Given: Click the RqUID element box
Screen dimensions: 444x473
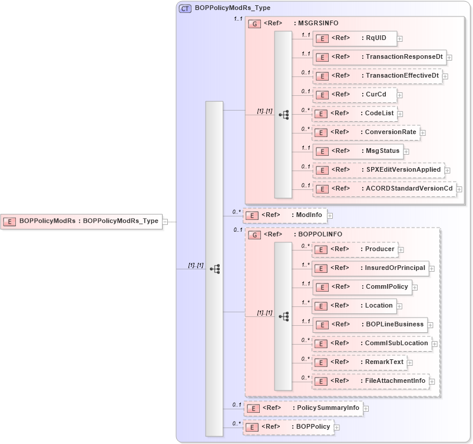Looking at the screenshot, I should point(354,38).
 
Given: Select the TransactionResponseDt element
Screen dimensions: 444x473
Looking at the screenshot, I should point(379,57).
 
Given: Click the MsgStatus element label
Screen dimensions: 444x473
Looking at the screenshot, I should point(382,151).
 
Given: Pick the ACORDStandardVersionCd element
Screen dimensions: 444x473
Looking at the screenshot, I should point(384,189).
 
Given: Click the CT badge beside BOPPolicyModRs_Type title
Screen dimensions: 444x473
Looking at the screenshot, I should point(185,8).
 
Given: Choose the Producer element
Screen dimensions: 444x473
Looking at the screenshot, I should point(354,249).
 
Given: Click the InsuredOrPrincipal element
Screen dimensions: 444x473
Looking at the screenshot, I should point(370,268).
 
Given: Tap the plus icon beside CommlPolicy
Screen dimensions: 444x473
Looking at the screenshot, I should point(415,288).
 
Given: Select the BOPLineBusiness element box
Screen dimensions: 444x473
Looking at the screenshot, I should point(369,325).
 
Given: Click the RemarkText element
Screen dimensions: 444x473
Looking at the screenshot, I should point(359,362).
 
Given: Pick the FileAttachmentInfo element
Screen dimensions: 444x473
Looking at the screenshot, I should point(370,381).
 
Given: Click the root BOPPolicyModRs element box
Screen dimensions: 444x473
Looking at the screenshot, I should point(81,221).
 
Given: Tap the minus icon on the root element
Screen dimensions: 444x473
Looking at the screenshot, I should point(166,222).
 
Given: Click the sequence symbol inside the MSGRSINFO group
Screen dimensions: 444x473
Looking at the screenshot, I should point(284,115).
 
